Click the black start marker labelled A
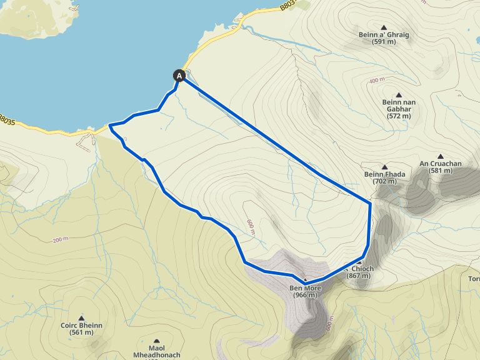180,76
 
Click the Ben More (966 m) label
304,291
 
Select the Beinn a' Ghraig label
384,38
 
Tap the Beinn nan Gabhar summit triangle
398,95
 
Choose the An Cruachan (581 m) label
441,167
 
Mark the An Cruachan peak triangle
441,156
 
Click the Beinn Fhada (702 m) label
381,177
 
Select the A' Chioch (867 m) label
360,272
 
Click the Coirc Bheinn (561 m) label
81,329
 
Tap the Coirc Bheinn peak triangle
81,317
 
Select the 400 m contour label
377,81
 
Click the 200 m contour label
61,240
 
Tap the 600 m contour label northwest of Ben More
251,227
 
